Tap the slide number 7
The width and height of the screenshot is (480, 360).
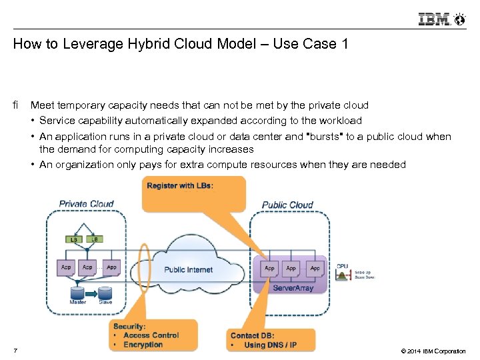click(x=15, y=351)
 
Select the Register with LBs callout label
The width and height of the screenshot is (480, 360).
click(x=180, y=185)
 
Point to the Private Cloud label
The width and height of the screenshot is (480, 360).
click(x=86, y=204)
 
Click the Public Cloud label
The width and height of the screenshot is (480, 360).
click(x=287, y=205)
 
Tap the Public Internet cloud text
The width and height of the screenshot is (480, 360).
click(x=189, y=269)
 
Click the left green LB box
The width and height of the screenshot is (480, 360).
click(x=73, y=239)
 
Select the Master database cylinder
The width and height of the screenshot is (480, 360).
click(x=78, y=292)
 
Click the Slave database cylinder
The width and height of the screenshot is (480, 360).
click(x=105, y=292)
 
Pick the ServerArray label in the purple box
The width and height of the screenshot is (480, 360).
click(x=293, y=288)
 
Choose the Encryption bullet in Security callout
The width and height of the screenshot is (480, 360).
click(x=143, y=345)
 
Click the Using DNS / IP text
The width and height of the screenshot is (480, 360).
click(x=270, y=345)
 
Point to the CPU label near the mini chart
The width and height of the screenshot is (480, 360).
click(x=343, y=266)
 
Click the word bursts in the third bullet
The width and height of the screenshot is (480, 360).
click(x=323, y=137)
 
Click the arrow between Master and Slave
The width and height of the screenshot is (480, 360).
click(x=92, y=292)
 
